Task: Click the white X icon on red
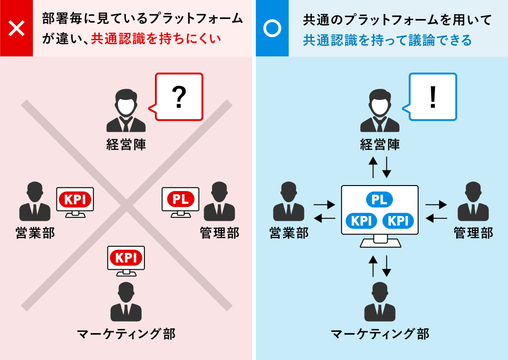(17, 28)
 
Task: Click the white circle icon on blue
(272, 28)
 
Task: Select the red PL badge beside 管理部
(180, 199)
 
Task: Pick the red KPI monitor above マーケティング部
(126, 258)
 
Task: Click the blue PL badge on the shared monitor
(379, 199)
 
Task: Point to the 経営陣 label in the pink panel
(126, 145)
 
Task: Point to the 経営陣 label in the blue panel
(380, 145)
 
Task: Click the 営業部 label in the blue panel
(289, 233)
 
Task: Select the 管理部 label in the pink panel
(220, 233)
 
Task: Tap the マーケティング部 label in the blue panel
(380, 333)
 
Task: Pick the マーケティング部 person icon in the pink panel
(126, 302)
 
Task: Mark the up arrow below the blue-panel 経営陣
(373, 167)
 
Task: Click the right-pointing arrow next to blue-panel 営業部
(324, 204)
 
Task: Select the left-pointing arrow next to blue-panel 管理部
(436, 218)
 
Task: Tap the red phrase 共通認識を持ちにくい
(156, 39)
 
